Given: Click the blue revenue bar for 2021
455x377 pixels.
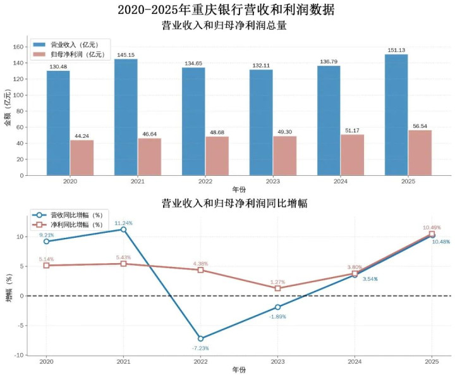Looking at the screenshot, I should pos(126,117).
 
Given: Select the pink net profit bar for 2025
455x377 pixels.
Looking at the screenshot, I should pos(420,152).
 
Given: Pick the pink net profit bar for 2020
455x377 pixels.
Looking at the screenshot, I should pos(82,158).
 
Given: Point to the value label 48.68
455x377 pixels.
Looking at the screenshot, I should pos(217,132).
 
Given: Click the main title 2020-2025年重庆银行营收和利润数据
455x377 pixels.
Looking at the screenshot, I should pos(227,10).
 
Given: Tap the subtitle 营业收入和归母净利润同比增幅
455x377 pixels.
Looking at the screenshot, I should pos(227,204).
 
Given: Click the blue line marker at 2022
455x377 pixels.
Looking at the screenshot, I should pos(200,338).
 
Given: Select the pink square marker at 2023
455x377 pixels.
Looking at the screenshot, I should pos(277,288).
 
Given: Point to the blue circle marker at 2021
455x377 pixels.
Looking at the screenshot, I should pos(123,230).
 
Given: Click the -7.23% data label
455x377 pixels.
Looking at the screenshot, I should pos(200,348).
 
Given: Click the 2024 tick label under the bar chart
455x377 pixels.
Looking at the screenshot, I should pos(329,180).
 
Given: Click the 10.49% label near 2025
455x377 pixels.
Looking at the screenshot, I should pos(432,227).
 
